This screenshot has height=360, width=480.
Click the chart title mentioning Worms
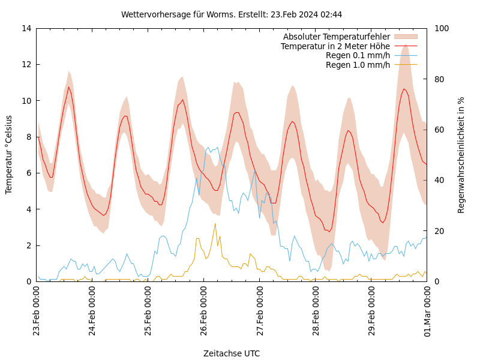coord(232,14)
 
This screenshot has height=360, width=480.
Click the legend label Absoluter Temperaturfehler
coord(337,37)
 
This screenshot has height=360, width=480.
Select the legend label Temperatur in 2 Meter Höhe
coord(335,46)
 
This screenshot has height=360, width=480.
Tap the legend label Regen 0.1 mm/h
coord(358,55)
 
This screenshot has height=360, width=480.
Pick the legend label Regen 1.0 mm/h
coord(358,65)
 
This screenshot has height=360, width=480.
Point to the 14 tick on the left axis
coord(25,28)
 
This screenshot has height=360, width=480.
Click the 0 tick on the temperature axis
coord(28,281)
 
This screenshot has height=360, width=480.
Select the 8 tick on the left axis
coord(28,137)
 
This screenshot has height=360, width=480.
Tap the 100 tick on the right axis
coord(441,28)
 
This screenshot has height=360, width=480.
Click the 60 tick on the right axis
coord(439,130)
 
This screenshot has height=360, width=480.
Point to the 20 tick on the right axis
coord(439,231)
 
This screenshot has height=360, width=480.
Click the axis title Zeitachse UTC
coord(232,353)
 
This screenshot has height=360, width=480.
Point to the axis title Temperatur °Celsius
coord(9,154)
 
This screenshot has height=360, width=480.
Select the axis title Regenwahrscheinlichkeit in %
coord(461,155)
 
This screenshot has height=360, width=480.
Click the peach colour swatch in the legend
coord(406,37)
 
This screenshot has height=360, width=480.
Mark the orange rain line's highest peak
coord(215,223)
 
